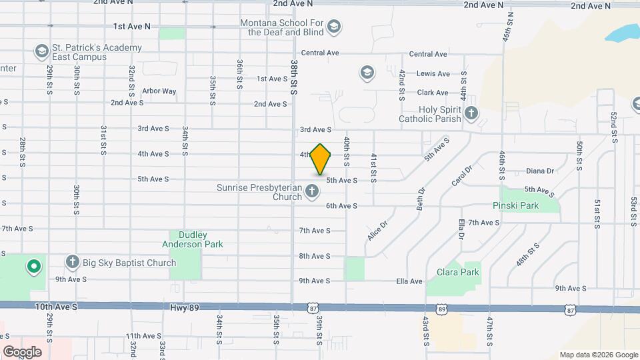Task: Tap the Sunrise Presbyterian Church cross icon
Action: [x=311, y=193]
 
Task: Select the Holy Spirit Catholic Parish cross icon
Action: [x=471, y=114]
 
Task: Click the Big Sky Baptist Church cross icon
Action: [x=73, y=262]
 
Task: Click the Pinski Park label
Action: [x=515, y=206]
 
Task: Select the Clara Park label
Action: [x=458, y=272]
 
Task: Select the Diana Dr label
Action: [x=540, y=171]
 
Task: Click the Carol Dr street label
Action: [x=461, y=177]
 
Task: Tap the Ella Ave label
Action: [x=409, y=281]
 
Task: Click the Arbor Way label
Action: [x=159, y=91]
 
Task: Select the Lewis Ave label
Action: [x=433, y=74]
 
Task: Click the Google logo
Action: [x=22, y=352]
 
